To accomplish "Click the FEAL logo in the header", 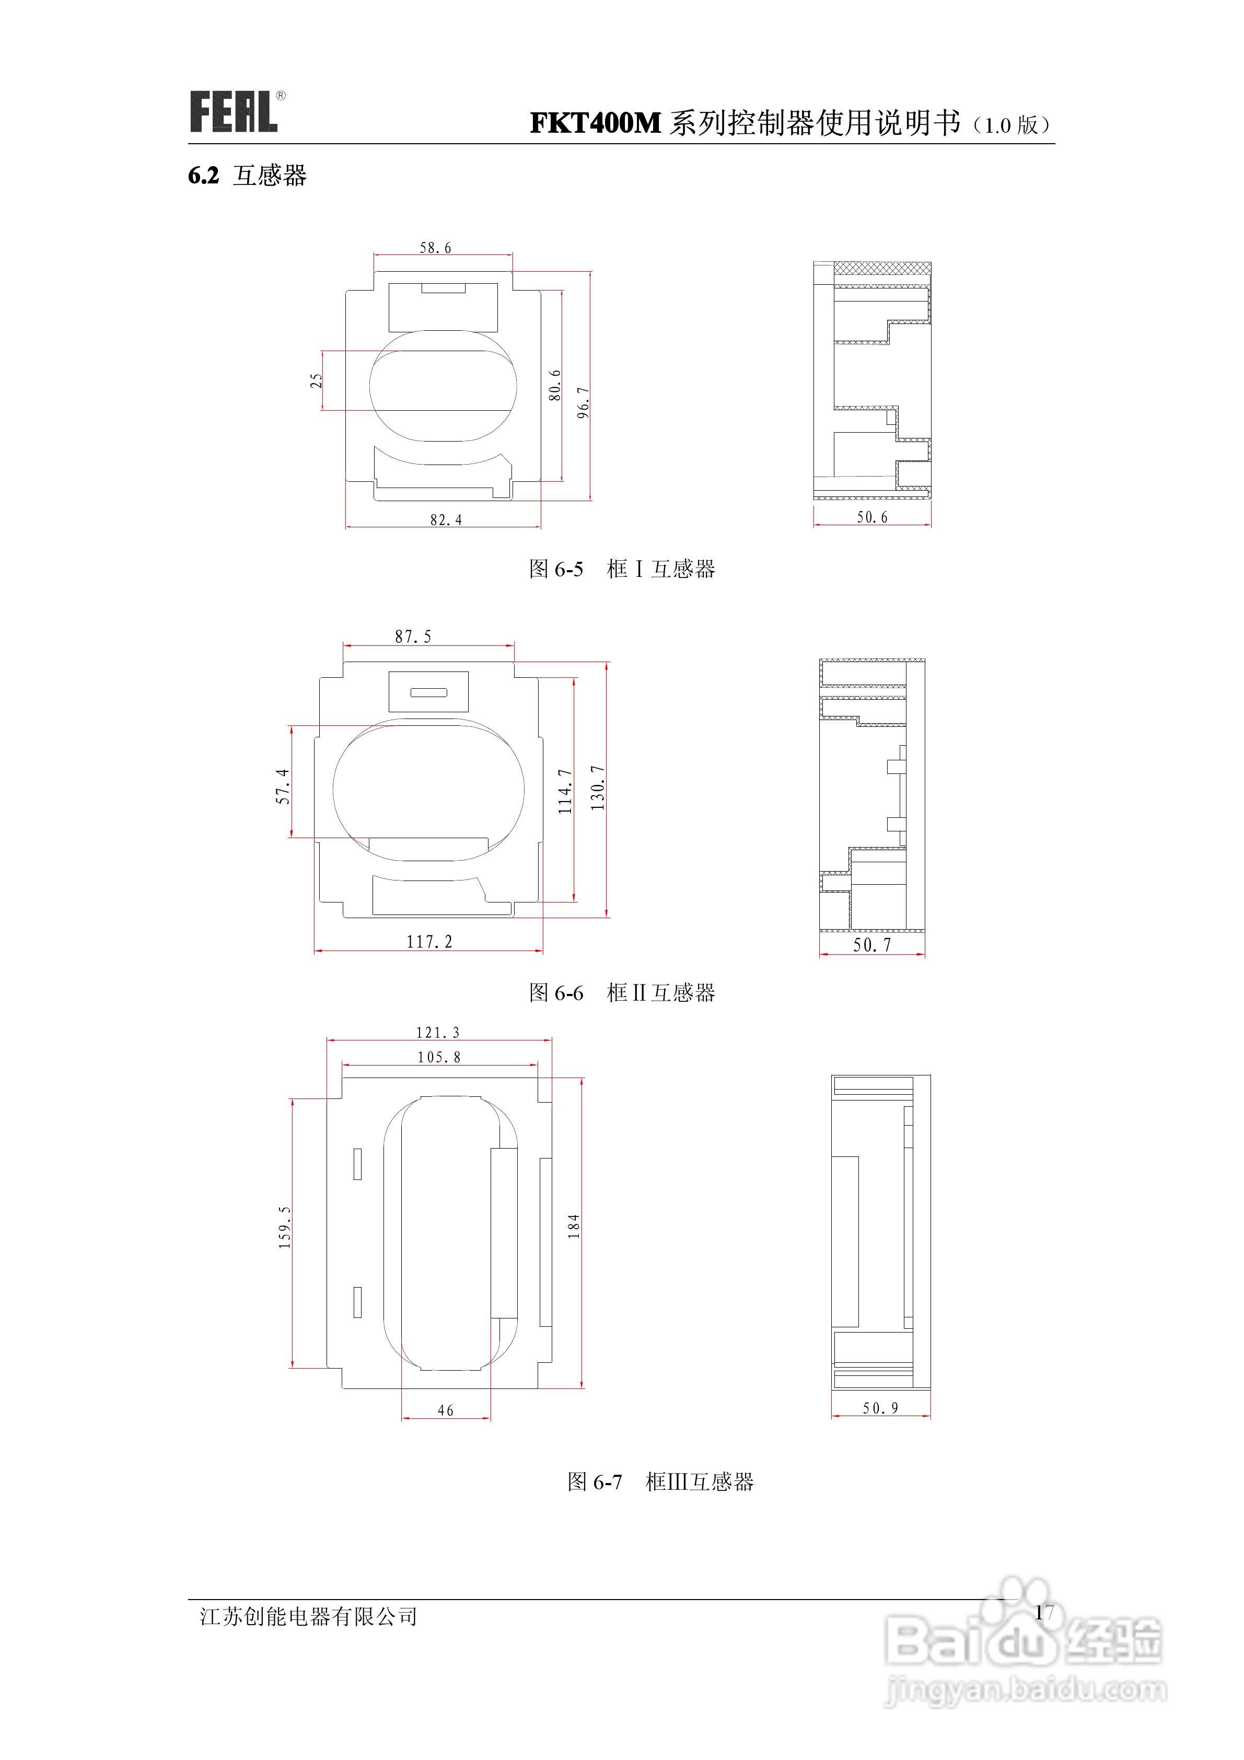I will pyautogui.click(x=234, y=112).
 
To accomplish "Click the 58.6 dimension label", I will pyautogui.click(x=435, y=248).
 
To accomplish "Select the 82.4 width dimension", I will pyautogui.click(x=445, y=520).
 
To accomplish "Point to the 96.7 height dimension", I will pyautogui.click(x=583, y=402).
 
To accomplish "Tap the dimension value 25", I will pyautogui.click(x=316, y=381).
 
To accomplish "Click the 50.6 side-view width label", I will pyautogui.click(x=872, y=517).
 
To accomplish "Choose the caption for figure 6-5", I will pyautogui.click(x=622, y=569).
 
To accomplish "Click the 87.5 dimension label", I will pyautogui.click(x=413, y=636).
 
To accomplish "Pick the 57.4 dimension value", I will pyautogui.click(x=283, y=786).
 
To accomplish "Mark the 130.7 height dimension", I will pyautogui.click(x=598, y=788).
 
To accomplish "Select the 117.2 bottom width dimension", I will pyautogui.click(x=429, y=942).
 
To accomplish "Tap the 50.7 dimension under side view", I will pyautogui.click(x=872, y=945).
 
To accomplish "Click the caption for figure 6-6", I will pyautogui.click(x=622, y=993).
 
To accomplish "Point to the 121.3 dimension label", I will pyautogui.click(x=438, y=1033).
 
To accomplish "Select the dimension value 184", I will pyautogui.click(x=573, y=1226).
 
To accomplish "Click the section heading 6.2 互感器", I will pyautogui.click(x=247, y=176).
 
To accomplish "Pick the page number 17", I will pyautogui.click(x=1044, y=1613).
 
